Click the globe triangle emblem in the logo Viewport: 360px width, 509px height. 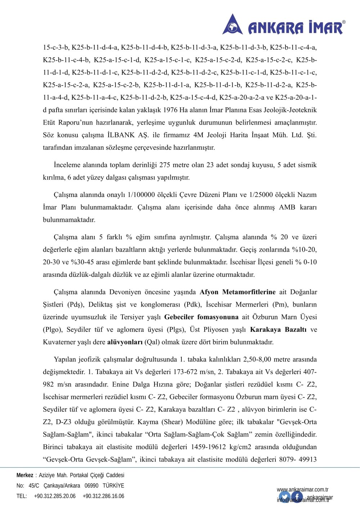(233, 25)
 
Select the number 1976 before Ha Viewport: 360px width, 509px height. (170, 110)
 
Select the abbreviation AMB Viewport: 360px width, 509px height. (287, 207)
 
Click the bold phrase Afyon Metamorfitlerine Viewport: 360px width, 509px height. (238, 292)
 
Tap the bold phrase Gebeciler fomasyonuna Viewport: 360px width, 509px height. (201, 317)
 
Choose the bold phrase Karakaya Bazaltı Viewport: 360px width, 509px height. (278, 330)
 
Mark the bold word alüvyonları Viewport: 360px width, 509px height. (125, 342)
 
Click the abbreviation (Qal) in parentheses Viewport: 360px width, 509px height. (152, 342)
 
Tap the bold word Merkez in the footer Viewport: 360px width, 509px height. (25, 475)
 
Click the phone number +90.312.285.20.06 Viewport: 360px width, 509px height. (55, 496)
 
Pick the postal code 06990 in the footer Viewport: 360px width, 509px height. (91, 486)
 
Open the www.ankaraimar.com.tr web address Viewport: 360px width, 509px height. (302, 490)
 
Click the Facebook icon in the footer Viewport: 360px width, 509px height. (297, 497)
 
